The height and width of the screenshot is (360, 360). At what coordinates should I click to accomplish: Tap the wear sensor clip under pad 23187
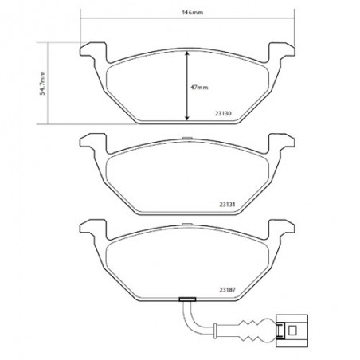point(188,300)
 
